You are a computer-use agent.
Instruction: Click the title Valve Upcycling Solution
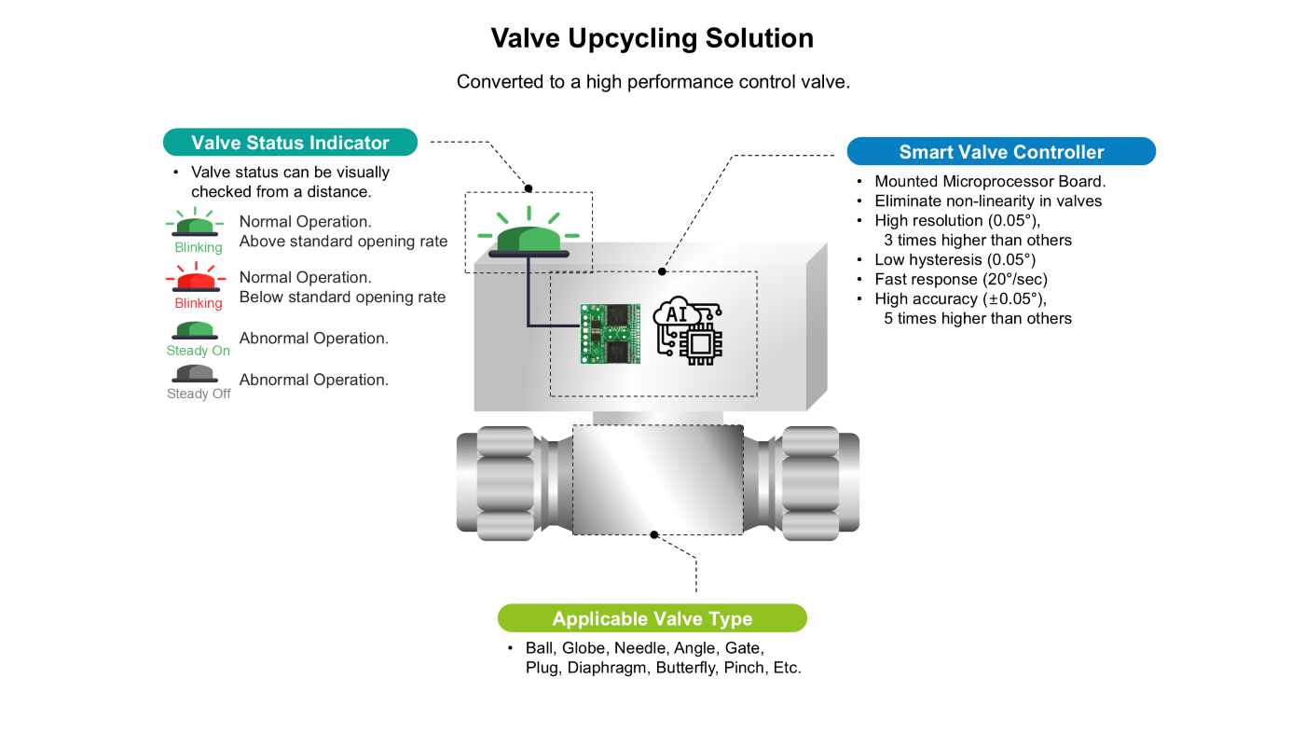click(652, 38)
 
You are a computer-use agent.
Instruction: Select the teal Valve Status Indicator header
click(290, 143)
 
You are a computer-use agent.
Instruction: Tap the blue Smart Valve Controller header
click(1001, 152)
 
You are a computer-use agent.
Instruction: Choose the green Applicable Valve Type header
click(652, 618)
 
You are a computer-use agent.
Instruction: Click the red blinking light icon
click(197, 278)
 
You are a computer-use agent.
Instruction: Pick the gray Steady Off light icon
click(197, 373)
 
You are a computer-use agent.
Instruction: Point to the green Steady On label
click(199, 351)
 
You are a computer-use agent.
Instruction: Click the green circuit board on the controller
click(611, 333)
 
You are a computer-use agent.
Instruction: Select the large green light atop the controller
click(529, 238)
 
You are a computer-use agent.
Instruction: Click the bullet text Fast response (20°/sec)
click(961, 279)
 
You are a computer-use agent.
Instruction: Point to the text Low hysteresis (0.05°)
click(955, 259)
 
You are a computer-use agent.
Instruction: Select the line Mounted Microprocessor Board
click(990, 181)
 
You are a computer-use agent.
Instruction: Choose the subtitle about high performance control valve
click(652, 82)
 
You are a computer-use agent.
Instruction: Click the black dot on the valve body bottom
click(654, 535)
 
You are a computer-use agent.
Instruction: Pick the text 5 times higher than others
click(978, 318)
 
